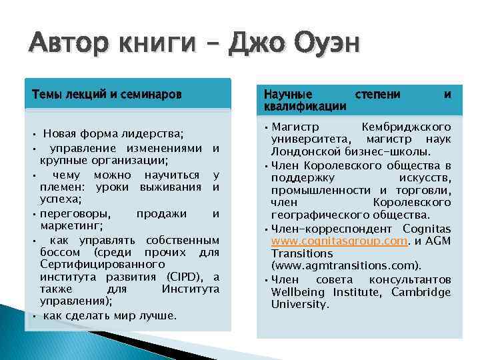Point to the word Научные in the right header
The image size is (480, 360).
pos(288,95)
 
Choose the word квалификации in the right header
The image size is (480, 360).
pos(305,106)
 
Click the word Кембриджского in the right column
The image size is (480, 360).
pos(405,127)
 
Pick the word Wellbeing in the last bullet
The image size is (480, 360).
pos(300,292)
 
